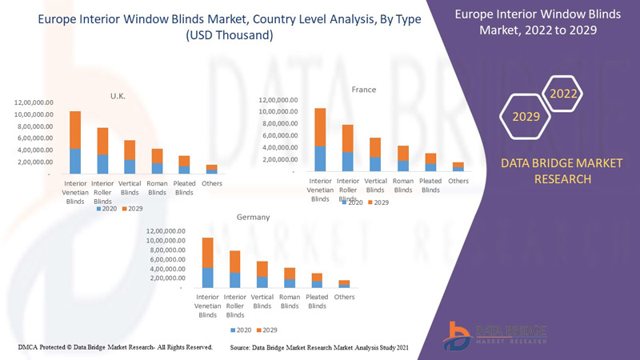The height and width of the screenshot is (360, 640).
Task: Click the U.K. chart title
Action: (x=118, y=95)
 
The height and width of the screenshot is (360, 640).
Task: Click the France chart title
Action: (x=364, y=90)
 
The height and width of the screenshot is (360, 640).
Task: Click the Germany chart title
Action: (x=253, y=217)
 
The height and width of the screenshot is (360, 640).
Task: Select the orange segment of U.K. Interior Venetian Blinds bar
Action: (x=75, y=130)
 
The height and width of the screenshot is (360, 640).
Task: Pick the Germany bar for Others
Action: (x=344, y=283)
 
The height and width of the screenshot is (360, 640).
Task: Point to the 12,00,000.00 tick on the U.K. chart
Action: (x=34, y=102)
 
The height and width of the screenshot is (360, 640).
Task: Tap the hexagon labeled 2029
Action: (x=526, y=117)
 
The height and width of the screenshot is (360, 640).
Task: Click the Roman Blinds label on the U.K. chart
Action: (x=157, y=187)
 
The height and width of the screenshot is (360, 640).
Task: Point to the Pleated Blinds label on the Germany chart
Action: (x=317, y=301)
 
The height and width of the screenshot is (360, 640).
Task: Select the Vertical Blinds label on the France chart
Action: (x=375, y=185)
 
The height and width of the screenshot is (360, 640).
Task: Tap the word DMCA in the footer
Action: (x=30, y=347)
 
